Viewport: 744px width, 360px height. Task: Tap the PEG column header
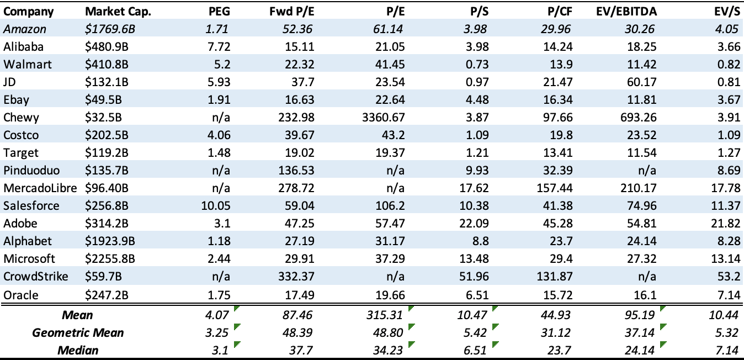coord(219,12)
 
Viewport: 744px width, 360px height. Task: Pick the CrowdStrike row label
coord(36,277)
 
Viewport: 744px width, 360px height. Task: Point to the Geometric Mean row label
coord(78,332)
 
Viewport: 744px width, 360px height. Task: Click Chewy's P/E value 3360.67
coord(382,118)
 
